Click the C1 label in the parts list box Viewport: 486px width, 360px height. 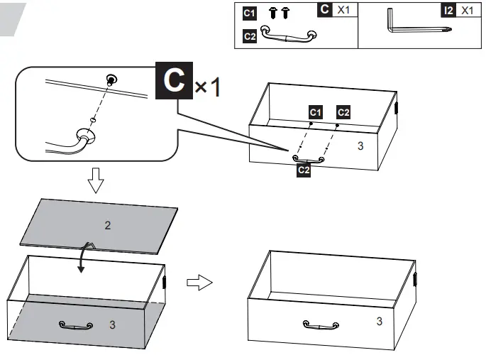click(x=249, y=13)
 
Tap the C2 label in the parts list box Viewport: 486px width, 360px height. click(x=249, y=36)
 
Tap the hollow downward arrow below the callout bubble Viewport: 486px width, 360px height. click(x=95, y=182)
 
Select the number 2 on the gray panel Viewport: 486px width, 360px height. click(x=108, y=226)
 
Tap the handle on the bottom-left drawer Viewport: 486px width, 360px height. click(x=76, y=325)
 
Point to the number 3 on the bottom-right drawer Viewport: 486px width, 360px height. click(x=379, y=321)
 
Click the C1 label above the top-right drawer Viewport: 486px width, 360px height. click(x=316, y=112)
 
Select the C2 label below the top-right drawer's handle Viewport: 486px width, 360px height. click(x=303, y=170)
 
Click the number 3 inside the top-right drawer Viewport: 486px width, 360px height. click(x=360, y=146)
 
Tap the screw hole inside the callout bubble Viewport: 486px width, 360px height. click(x=110, y=79)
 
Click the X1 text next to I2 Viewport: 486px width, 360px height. click(x=467, y=11)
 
